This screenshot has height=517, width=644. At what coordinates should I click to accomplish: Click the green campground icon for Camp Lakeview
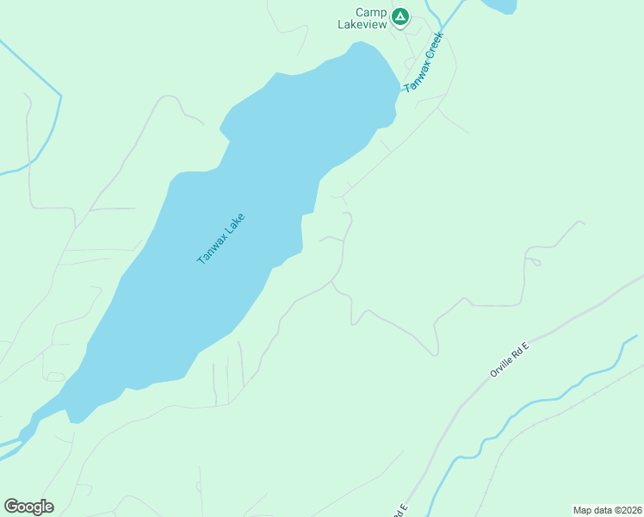coord(399,16)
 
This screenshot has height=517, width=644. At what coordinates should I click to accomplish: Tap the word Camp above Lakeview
coord(370,13)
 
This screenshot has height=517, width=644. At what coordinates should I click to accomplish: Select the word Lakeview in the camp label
coord(362,25)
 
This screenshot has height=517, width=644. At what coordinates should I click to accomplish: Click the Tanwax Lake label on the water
coord(221,238)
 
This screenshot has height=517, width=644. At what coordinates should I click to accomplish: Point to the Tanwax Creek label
coord(424,63)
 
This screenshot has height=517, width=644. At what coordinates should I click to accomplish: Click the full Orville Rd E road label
coord(508,358)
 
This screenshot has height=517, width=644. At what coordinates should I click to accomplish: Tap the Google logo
coord(28,507)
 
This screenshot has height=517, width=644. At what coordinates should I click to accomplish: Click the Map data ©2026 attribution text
coord(607,509)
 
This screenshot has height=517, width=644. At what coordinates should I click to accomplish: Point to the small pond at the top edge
coord(499,6)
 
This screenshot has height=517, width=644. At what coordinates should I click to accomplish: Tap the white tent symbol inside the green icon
coord(399,16)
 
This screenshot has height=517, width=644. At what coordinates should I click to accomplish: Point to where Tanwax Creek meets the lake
coord(401,88)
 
